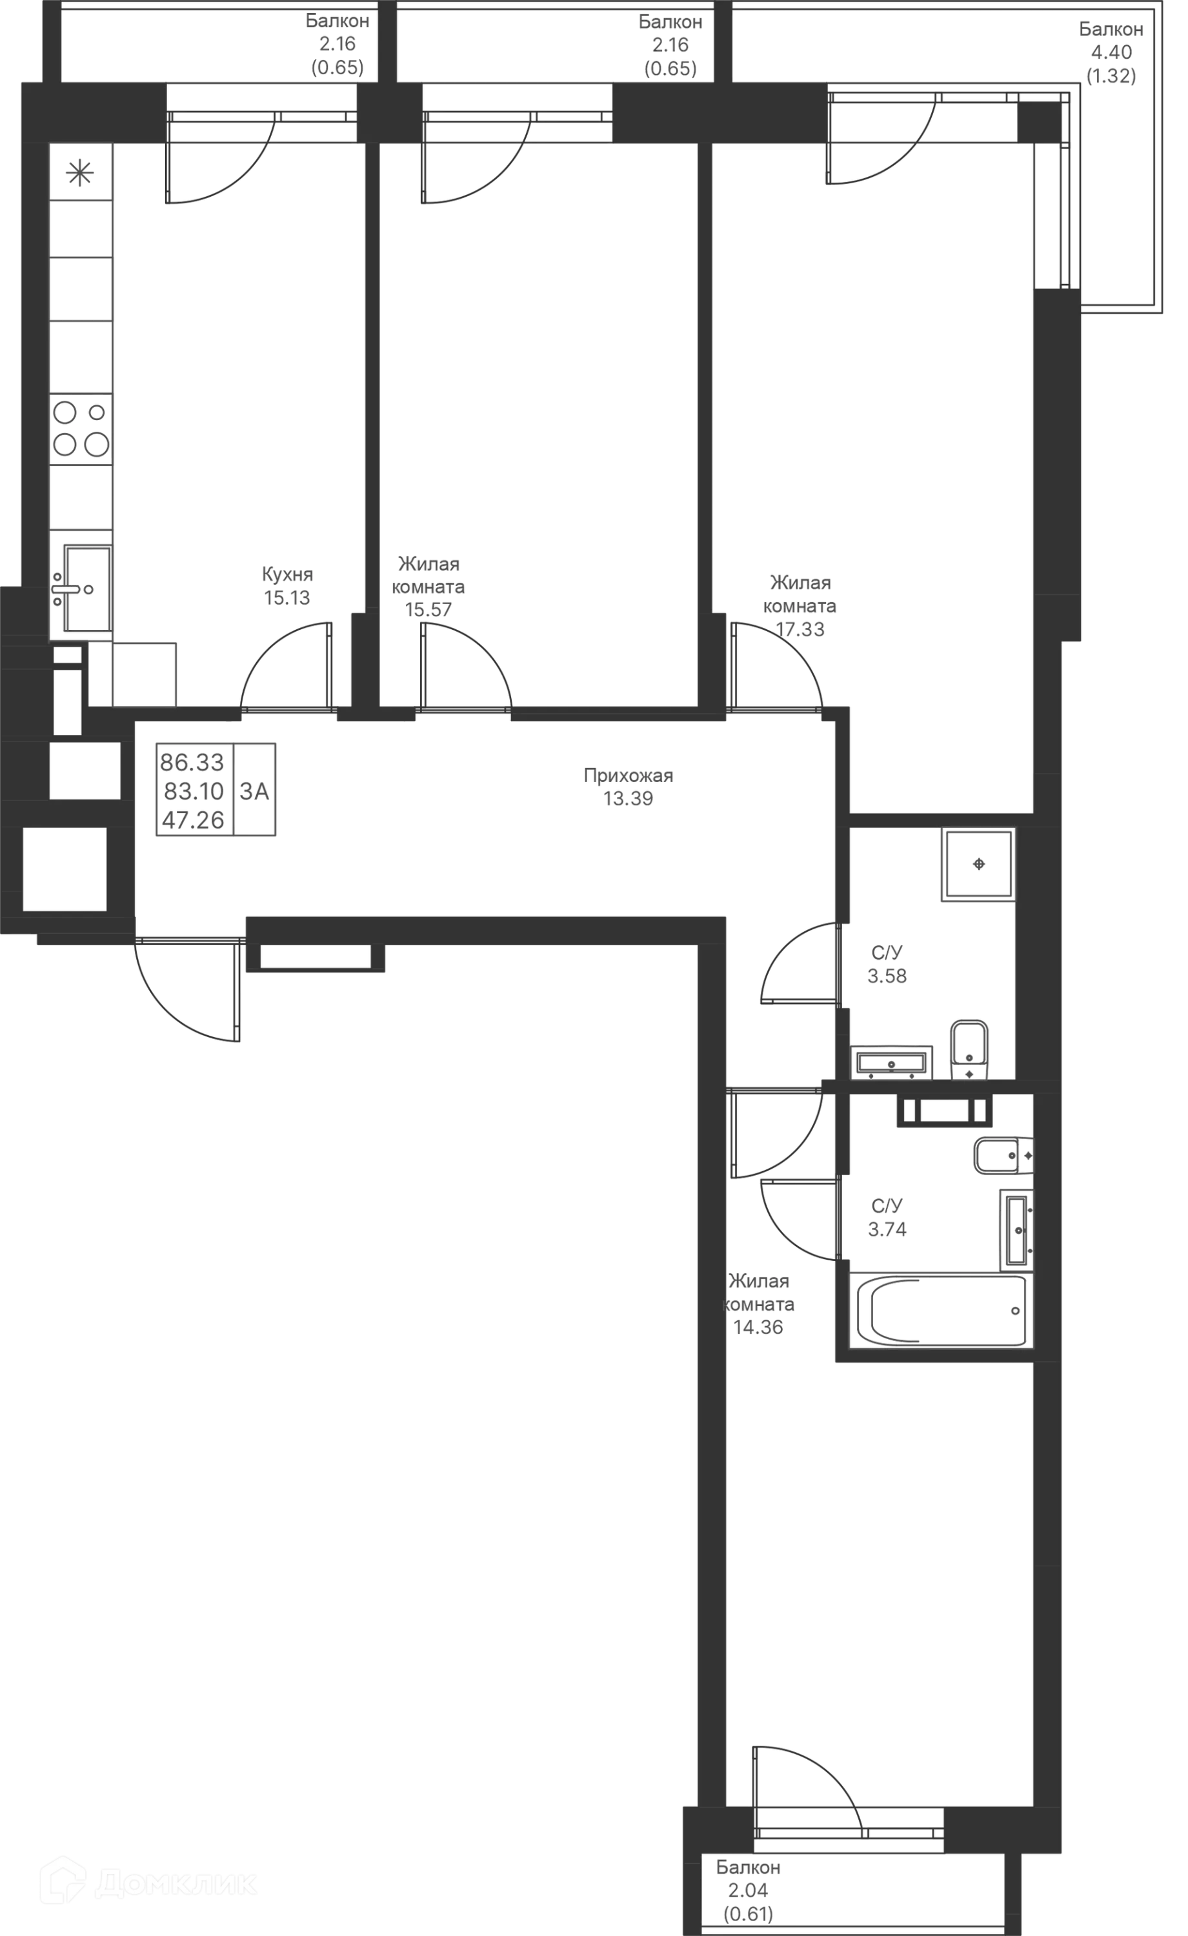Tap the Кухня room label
click(286, 574)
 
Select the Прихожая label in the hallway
click(629, 776)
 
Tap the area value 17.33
click(800, 629)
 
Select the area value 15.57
click(428, 610)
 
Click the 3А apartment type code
click(254, 791)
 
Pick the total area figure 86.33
click(192, 762)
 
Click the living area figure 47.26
click(192, 820)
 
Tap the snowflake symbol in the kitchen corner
click(80, 172)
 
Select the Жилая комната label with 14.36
click(758, 1304)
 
